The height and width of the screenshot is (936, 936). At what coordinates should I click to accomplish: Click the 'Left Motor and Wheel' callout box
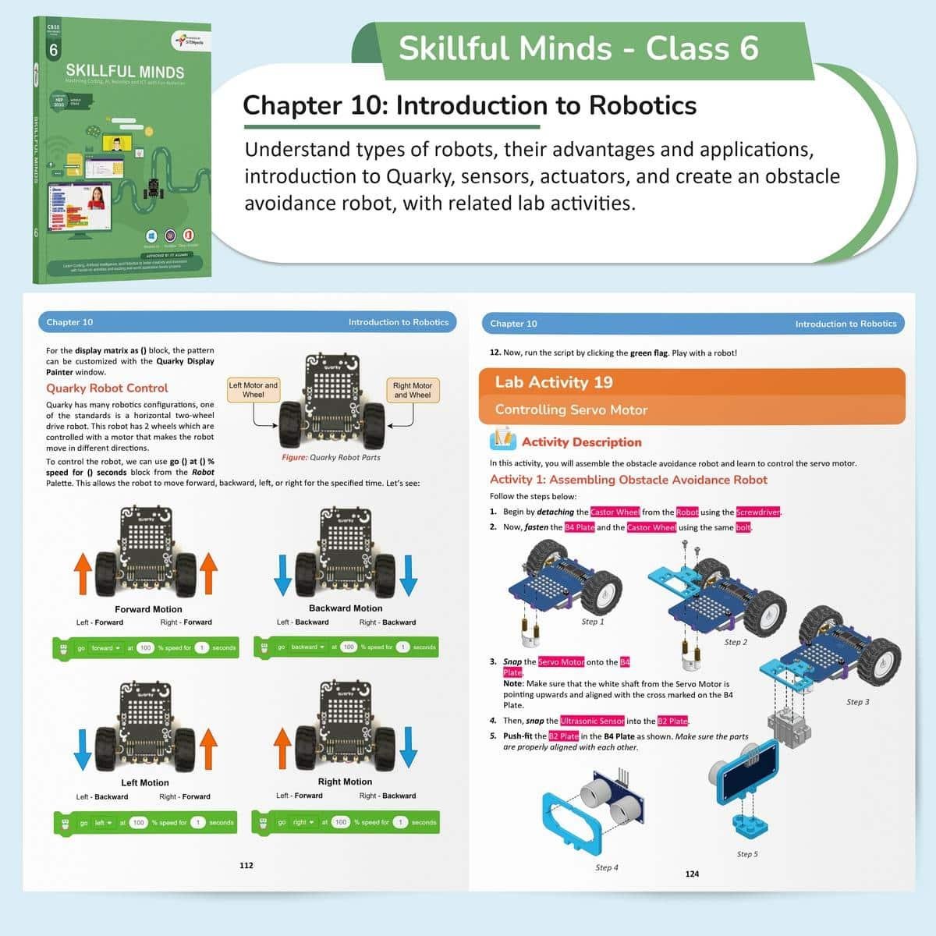click(x=253, y=390)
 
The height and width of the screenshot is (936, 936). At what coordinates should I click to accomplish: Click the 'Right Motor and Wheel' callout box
click(x=412, y=390)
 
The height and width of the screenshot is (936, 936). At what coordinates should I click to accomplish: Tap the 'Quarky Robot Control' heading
click(x=107, y=388)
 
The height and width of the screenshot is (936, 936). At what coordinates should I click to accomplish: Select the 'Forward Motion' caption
click(x=148, y=609)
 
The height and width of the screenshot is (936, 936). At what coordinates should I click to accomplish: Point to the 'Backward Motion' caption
click(x=346, y=608)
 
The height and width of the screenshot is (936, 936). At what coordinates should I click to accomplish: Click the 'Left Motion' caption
click(x=145, y=782)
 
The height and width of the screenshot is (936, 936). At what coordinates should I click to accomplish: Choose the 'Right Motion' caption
click(x=345, y=782)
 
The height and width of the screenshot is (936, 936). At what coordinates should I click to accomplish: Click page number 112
click(x=246, y=865)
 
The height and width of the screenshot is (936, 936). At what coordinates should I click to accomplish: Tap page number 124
click(x=692, y=874)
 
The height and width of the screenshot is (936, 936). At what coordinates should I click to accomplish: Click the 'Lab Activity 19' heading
click(x=554, y=382)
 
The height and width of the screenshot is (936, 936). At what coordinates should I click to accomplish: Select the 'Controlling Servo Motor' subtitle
click(x=571, y=409)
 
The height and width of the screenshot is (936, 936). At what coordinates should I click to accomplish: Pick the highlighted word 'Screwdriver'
click(x=758, y=512)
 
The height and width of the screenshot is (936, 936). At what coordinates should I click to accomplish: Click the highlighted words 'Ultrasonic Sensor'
click(x=592, y=721)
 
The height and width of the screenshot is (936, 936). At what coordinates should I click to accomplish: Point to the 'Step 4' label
click(x=607, y=867)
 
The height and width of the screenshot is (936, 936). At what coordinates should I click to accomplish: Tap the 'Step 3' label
click(x=857, y=702)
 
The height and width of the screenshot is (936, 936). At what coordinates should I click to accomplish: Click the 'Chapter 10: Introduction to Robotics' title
click(x=470, y=105)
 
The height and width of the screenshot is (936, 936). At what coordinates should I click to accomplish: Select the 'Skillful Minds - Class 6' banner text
click(x=578, y=48)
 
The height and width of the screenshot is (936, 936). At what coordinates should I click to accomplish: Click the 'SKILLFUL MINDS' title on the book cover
click(x=125, y=71)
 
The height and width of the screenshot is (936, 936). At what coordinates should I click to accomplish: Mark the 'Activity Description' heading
click(x=581, y=442)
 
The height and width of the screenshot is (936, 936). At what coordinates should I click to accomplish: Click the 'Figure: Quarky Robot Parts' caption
click(x=331, y=458)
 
